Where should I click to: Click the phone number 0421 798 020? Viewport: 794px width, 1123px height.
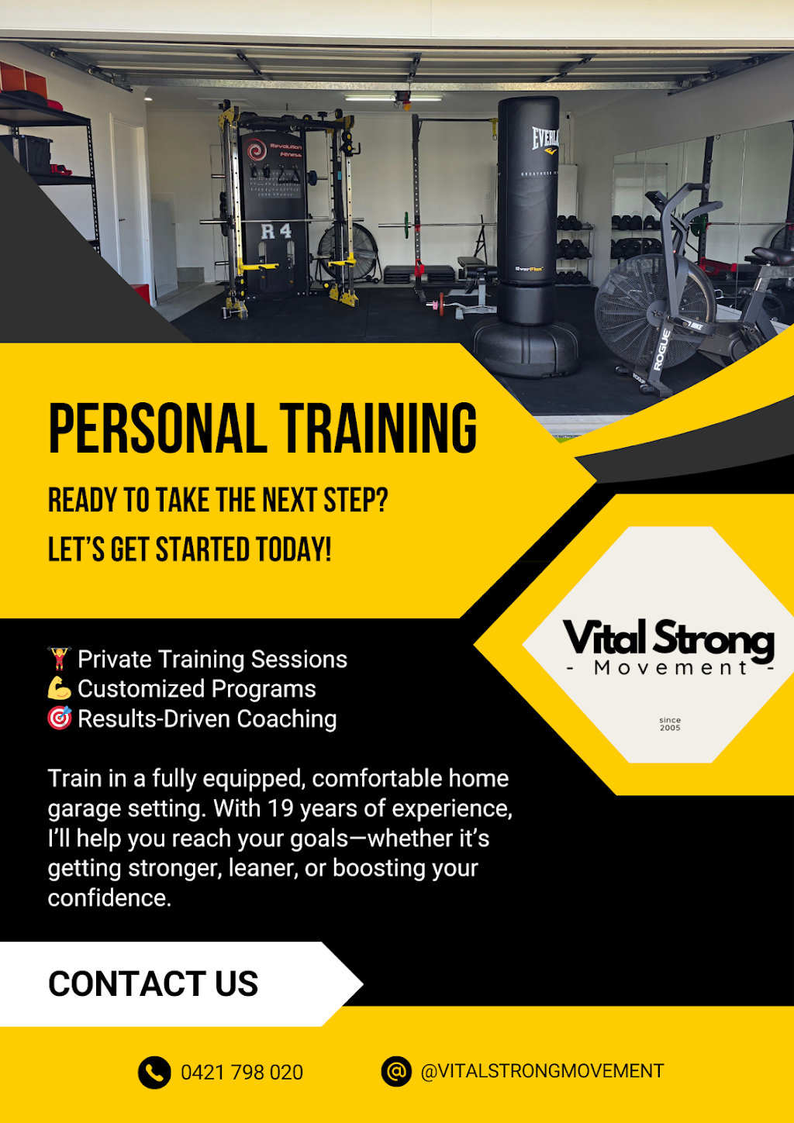[x=241, y=1073]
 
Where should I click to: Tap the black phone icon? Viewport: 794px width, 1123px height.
[x=154, y=1073]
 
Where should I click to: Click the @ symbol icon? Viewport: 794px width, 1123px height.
[x=396, y=1072]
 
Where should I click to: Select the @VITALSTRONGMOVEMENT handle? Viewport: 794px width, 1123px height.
[x=542, y=1071]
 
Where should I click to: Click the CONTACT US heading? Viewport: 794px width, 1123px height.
[x=153, y=984]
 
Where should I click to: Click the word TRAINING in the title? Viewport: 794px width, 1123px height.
[x=378, y=429]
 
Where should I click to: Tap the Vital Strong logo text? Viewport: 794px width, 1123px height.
[x=668, y=639]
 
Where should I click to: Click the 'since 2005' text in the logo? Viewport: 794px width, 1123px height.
[x=670, y=724]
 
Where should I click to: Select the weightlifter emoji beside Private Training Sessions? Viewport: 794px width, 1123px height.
[x=60, y=659]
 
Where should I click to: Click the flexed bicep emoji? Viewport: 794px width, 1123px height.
[x=60, y=688]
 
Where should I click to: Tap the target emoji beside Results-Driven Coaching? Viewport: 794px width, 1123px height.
[x=60, y=718]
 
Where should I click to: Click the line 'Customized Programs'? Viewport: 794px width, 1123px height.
[x=197, y=689]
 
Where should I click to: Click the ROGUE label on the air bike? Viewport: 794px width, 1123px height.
[x=665, y=350]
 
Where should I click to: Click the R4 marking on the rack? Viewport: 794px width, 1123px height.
[x=276, y=231]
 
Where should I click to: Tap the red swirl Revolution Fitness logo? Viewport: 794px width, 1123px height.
[x=257, y=150]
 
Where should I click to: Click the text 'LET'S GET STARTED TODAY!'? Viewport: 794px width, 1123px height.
[x=190, y=550]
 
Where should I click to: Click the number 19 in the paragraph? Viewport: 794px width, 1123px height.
[x=280, y=808]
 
